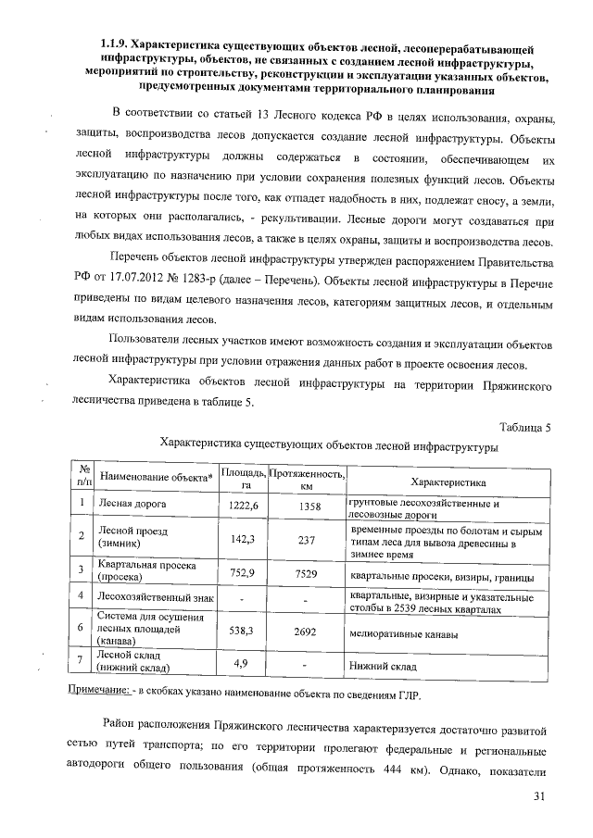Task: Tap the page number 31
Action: (x=541, y=797)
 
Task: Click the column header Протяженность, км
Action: (x=307, y=481)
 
